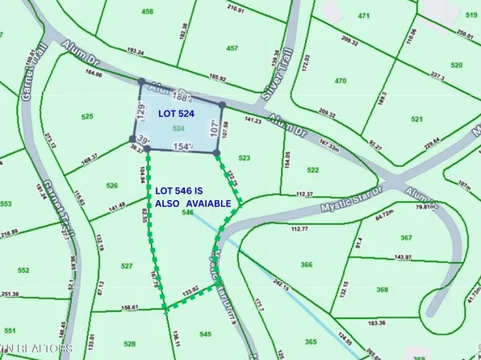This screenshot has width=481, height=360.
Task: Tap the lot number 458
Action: point(147,11)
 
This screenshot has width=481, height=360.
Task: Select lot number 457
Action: point(232,48)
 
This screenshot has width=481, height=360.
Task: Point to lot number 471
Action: point(364,16)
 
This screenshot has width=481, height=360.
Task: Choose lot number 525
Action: point(88,118)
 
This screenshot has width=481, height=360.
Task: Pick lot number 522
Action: point(313,170)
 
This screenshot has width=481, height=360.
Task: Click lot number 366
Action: point(306,265)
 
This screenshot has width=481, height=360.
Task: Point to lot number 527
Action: point(127,266)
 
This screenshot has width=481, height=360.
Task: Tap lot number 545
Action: point(205,333)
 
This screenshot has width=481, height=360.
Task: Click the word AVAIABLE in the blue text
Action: point(207,203)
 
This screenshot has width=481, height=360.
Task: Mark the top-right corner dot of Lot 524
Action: point(222,104)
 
